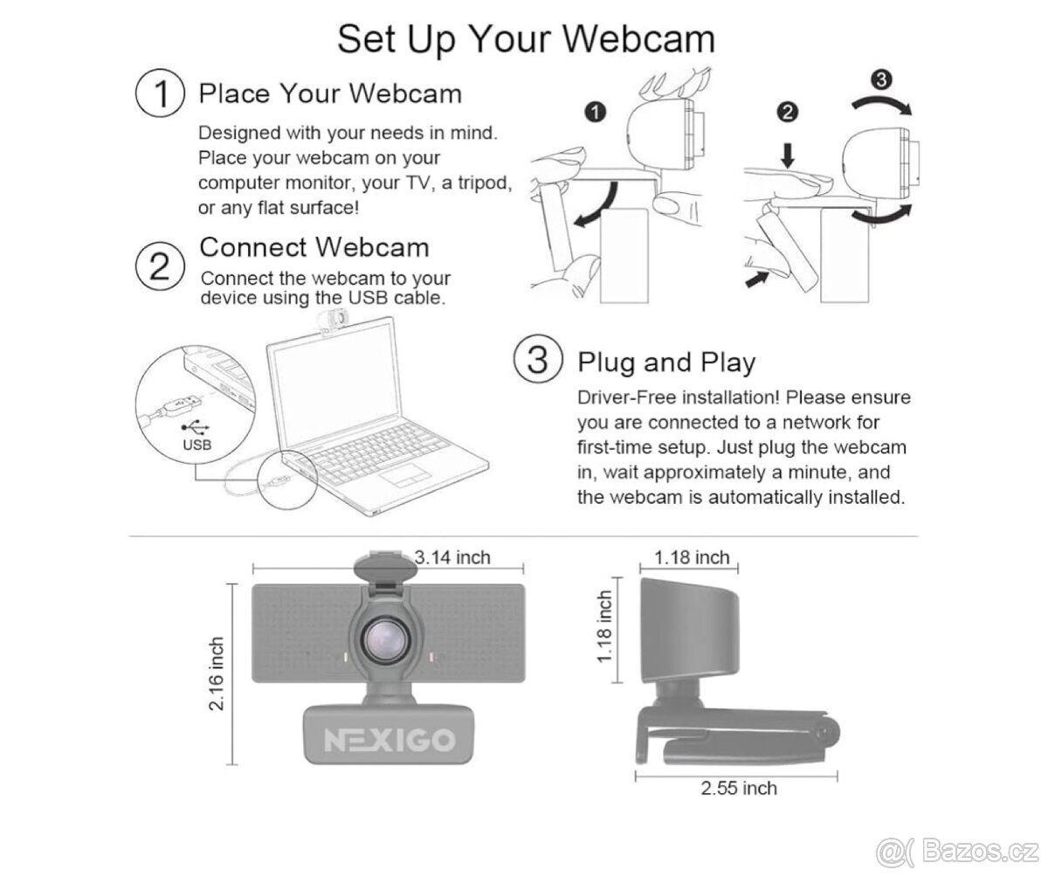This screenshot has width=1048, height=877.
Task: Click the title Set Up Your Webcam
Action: [526, 39]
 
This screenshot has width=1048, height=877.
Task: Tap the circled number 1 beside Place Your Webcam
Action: [160, 93]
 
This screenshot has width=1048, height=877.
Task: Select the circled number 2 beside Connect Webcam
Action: [160, 266]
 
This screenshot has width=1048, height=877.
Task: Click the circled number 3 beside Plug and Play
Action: [538, 359]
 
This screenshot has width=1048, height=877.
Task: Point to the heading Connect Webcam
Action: [314, 247]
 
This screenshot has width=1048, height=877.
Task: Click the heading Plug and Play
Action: [666, 363]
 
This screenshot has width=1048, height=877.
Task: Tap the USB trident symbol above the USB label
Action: [196, 427]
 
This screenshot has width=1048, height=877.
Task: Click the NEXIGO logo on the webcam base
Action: [390, 740]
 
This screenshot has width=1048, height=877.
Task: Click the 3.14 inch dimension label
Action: [452, 557]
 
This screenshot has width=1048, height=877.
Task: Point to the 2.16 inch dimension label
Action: [216, 674]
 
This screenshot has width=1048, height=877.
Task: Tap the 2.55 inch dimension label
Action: [739, 788]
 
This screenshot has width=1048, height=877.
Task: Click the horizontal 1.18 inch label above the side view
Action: [692, 557]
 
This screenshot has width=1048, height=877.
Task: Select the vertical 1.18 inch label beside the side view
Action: [605, 626]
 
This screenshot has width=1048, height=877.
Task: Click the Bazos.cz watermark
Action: [957, 852]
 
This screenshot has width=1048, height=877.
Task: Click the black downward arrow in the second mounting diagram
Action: [788, 156]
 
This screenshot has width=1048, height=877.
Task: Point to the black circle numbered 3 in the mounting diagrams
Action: [882, 79]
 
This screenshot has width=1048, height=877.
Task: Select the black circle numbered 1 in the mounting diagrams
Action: [596, 112]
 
